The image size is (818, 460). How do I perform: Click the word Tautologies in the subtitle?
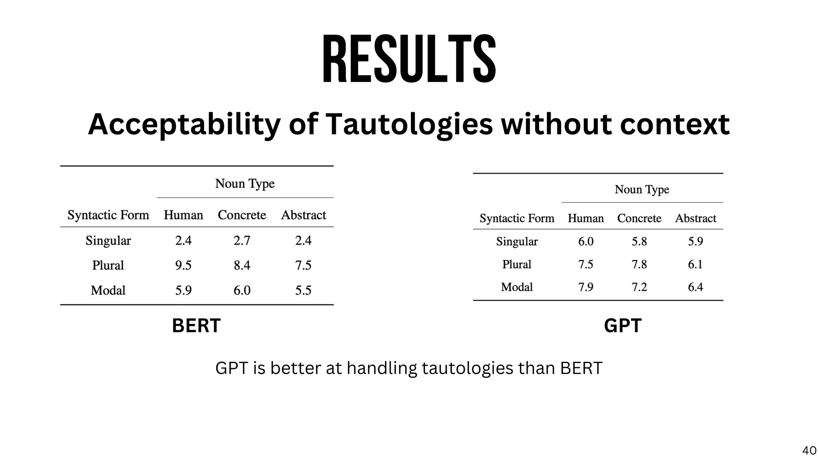409,125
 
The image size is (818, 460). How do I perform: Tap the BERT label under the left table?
196,325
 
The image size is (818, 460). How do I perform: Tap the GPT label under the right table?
623,325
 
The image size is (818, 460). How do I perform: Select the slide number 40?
809,450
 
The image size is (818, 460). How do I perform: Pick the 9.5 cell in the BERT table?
183,265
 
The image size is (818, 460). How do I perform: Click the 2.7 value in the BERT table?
242,240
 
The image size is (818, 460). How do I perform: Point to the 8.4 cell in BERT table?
242,265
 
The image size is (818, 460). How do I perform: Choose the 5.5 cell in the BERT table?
303,290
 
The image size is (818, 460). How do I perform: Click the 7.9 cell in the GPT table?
586,287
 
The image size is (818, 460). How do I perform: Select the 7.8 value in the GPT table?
639,264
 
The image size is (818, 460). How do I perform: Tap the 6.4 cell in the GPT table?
695,287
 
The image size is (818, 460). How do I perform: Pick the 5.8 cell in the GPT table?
639,241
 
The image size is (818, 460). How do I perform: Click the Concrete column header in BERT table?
242,215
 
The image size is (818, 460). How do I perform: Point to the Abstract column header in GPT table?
695,218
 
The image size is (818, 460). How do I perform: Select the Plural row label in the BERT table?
108,265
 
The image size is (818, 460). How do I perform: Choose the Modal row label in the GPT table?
517,287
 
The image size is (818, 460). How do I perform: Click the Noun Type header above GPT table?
642,189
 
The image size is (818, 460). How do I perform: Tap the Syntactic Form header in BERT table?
108,215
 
